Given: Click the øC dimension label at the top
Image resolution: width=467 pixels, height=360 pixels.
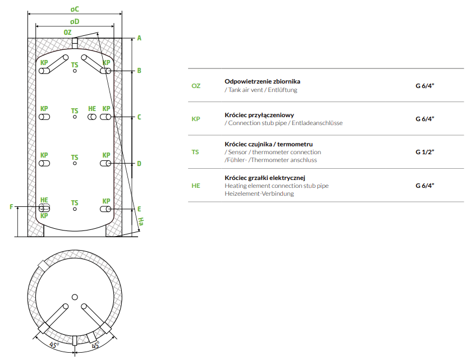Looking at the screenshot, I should click(x=75, y=10).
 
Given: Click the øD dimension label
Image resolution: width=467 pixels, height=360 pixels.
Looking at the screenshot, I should click(x=75, y=21).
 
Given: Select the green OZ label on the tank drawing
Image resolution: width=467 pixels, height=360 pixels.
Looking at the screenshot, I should click(x=67, y=33).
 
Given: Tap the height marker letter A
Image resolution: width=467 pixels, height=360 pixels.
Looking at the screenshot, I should click(x=139, y=38).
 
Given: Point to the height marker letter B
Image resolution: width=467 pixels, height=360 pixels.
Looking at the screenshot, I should click(x=139, y=71).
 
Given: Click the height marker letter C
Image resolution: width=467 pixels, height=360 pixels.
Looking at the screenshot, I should click(x=139, y=117).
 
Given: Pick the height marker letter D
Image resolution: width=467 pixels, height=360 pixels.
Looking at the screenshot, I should click(x=139, y=164).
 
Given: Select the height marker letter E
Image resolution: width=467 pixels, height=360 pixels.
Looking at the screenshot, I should click(x=139, y=209).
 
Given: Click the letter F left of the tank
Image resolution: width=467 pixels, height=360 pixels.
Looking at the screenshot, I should click(x=11, y=207).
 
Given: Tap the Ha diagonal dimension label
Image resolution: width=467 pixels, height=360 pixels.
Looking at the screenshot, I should click(x=141, y=223).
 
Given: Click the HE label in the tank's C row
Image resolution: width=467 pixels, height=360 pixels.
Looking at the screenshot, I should click(x=92, y=109).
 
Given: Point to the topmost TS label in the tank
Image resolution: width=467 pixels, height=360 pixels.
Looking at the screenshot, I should click(x=75, y=64).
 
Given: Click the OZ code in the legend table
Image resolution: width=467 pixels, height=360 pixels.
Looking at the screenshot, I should click(x=196, y=86).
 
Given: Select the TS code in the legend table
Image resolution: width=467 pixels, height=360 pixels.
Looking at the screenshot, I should click(x=195, y=152).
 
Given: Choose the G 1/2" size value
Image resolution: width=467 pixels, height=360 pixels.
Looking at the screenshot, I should click(x=425, y=152).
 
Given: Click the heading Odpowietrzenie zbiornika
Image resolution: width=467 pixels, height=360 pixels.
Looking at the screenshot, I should click(x=262, y=81).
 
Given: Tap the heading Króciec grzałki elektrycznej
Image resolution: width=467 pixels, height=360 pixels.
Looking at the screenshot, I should click(x=264, y=178).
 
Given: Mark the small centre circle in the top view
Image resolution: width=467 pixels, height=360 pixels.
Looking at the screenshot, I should click(x=75, y=297).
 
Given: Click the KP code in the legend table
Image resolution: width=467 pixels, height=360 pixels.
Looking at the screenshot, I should click(x=196, y=119).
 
